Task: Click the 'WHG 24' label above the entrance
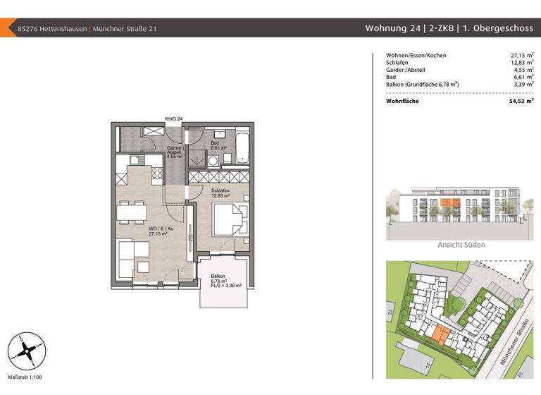pyautogui.click(x=173, y=119)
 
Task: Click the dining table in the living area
pyautogui.click(x=132, y=210)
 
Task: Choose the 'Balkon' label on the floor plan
pyautogui.click(x=218, y=276)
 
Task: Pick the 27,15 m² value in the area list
pyautogui.click(x=521, y=55)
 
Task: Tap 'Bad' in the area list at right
pyautogui.click(x=392, y=77)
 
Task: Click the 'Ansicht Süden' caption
pyautogui.click(x=461, y=245)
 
